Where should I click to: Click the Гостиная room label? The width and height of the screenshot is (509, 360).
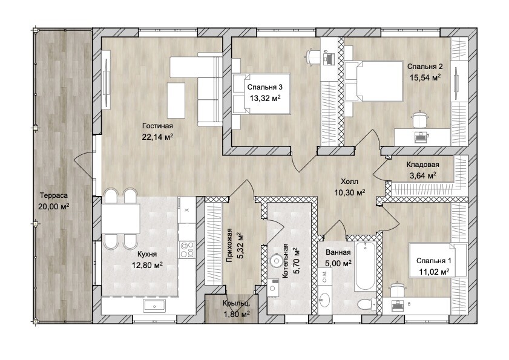tap(157, 126)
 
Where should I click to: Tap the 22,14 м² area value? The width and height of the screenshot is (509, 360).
tap(157, 137)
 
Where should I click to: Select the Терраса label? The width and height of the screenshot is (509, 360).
tap(54, 195)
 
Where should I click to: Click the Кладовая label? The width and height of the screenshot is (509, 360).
tap(422, 165)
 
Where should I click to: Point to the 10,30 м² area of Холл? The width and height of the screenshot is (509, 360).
tap(350, 192)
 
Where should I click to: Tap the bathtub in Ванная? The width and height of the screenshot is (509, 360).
tap(366, 266)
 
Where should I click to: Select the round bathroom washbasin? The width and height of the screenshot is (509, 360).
tap(324, 299)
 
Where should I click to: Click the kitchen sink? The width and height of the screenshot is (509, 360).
tap(154, 306)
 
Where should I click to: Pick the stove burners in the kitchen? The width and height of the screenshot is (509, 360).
tap(187, 250)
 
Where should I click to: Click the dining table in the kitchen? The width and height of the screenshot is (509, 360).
tap(121, 218)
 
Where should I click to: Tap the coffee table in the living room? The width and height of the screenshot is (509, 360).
tap(176, 100)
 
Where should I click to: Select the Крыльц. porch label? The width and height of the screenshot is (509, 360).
tap(236, 304)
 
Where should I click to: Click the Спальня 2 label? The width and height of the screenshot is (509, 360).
tap(425, 67)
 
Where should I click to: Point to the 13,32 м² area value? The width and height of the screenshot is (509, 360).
tap(265, 98)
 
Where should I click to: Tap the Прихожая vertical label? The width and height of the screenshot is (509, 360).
tap(229, 245)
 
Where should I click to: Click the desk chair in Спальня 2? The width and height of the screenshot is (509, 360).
tap(419, 120)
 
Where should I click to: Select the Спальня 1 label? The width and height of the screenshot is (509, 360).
tap(434, 261)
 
